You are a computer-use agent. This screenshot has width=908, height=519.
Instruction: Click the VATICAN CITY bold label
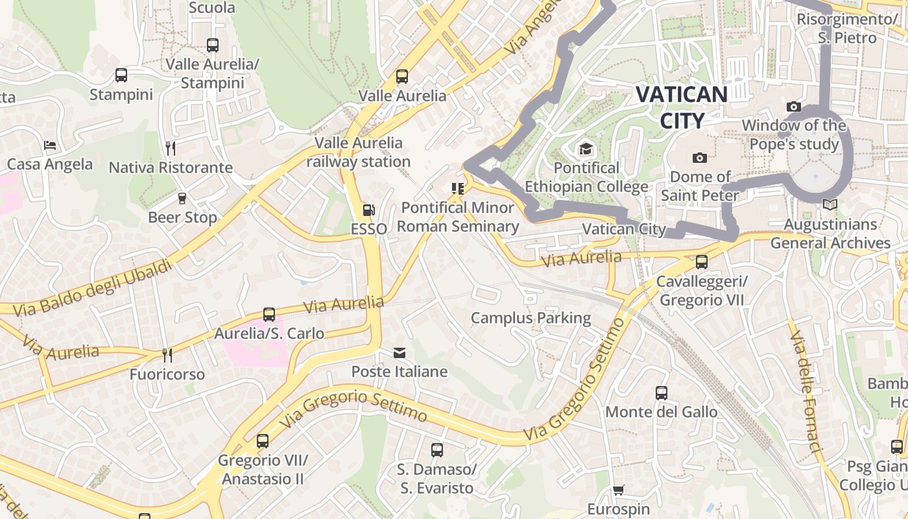coord(681,107)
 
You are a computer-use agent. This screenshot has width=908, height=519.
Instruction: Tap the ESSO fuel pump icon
coord(368,210)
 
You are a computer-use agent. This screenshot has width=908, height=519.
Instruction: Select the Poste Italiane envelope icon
coord(399,353)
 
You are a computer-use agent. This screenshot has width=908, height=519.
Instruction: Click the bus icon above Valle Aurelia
coord(402,77)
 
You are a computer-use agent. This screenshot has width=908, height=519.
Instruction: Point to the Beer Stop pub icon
coord(182,198)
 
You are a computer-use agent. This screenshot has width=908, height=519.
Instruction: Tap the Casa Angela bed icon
coord(50,145)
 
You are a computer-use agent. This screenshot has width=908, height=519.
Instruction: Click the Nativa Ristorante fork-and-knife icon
coord(171,149)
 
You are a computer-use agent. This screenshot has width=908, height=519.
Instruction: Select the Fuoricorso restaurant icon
coord(167,356)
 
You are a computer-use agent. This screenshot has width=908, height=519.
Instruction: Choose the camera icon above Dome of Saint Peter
coord(699,158)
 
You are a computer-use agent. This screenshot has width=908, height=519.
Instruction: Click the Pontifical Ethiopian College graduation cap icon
coord(586,149)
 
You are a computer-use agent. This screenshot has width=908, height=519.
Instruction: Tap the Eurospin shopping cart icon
coord(619,490)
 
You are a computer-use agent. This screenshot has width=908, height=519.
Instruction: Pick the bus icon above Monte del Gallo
coord(662,393)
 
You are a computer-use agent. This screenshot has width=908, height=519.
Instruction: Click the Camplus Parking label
coord(531,318)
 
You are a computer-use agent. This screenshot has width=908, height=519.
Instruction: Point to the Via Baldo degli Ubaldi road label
coord(93,288)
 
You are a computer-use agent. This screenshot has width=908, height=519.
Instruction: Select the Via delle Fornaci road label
coord(806,386)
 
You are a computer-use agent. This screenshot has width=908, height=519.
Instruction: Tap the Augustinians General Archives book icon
coord(830,205)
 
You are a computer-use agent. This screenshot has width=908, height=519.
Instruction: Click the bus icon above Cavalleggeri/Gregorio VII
coord(702,262)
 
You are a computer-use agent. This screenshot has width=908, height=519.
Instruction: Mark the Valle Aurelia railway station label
coord(359,152)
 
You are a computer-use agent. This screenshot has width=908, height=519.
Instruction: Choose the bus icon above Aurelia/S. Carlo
coord(269,315)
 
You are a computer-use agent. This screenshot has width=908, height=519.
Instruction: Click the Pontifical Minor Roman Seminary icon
coord(458,189)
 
